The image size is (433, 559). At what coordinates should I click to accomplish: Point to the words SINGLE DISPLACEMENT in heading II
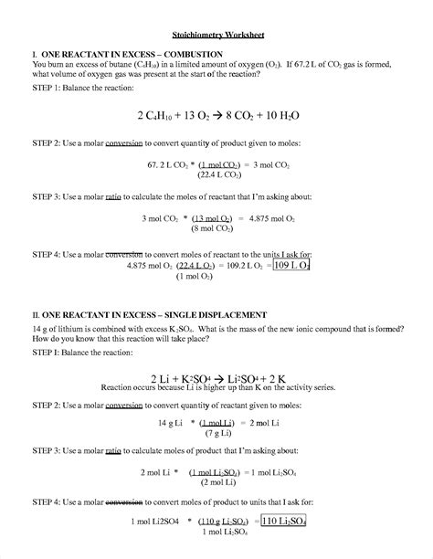tap(212, 314)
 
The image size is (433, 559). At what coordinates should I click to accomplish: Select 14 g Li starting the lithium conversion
tap(171, 423)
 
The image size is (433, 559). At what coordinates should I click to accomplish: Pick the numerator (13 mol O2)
tap(211, 218)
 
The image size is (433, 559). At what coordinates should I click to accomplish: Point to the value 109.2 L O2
tap(244, 265)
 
